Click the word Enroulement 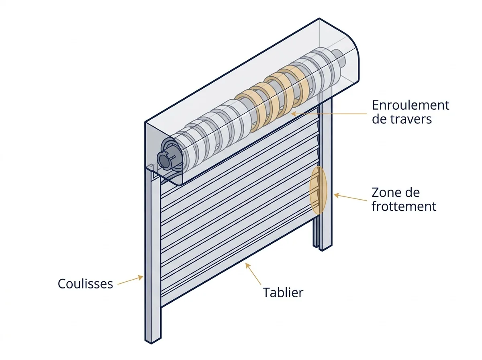411,105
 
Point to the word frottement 404,207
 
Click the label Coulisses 85,283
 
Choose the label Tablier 283,292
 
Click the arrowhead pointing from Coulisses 141,277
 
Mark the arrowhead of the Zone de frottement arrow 337,195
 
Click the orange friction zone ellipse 318,190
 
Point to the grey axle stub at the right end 339,57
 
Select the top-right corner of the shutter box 319,18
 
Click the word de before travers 380,119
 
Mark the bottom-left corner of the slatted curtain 161,307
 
